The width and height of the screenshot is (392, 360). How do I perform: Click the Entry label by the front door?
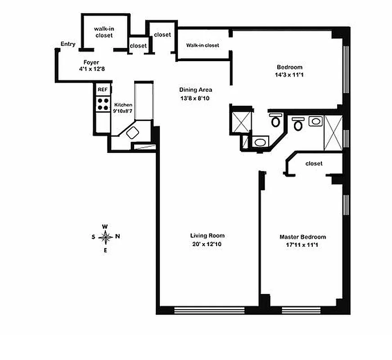tap(68, 44)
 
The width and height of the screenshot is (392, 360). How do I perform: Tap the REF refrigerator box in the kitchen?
tap(103, 90)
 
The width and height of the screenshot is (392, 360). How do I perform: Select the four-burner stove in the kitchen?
tap(103, 104)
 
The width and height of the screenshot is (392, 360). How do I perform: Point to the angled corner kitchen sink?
tap(134, 133)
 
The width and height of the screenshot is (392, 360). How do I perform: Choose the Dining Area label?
tap(195, 90)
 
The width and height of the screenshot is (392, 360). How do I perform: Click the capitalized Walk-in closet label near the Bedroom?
tap(203, 45)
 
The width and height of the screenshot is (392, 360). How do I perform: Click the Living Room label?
tap(207, 236)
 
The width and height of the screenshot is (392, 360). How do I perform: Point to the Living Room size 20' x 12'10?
tap(207, 244)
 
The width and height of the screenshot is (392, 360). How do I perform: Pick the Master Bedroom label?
tap(302, 237)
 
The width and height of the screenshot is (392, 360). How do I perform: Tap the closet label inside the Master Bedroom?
tap(314, 163)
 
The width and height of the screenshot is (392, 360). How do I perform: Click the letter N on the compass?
tap(117, 236)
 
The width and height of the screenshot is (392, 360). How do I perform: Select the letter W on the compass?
tap(105, 226)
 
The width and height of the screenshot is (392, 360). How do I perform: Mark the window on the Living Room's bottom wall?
tap(209, 310)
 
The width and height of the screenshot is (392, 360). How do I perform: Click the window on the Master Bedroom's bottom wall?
tap(301, 310)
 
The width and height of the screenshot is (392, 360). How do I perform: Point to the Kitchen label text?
tap(123, 104)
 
